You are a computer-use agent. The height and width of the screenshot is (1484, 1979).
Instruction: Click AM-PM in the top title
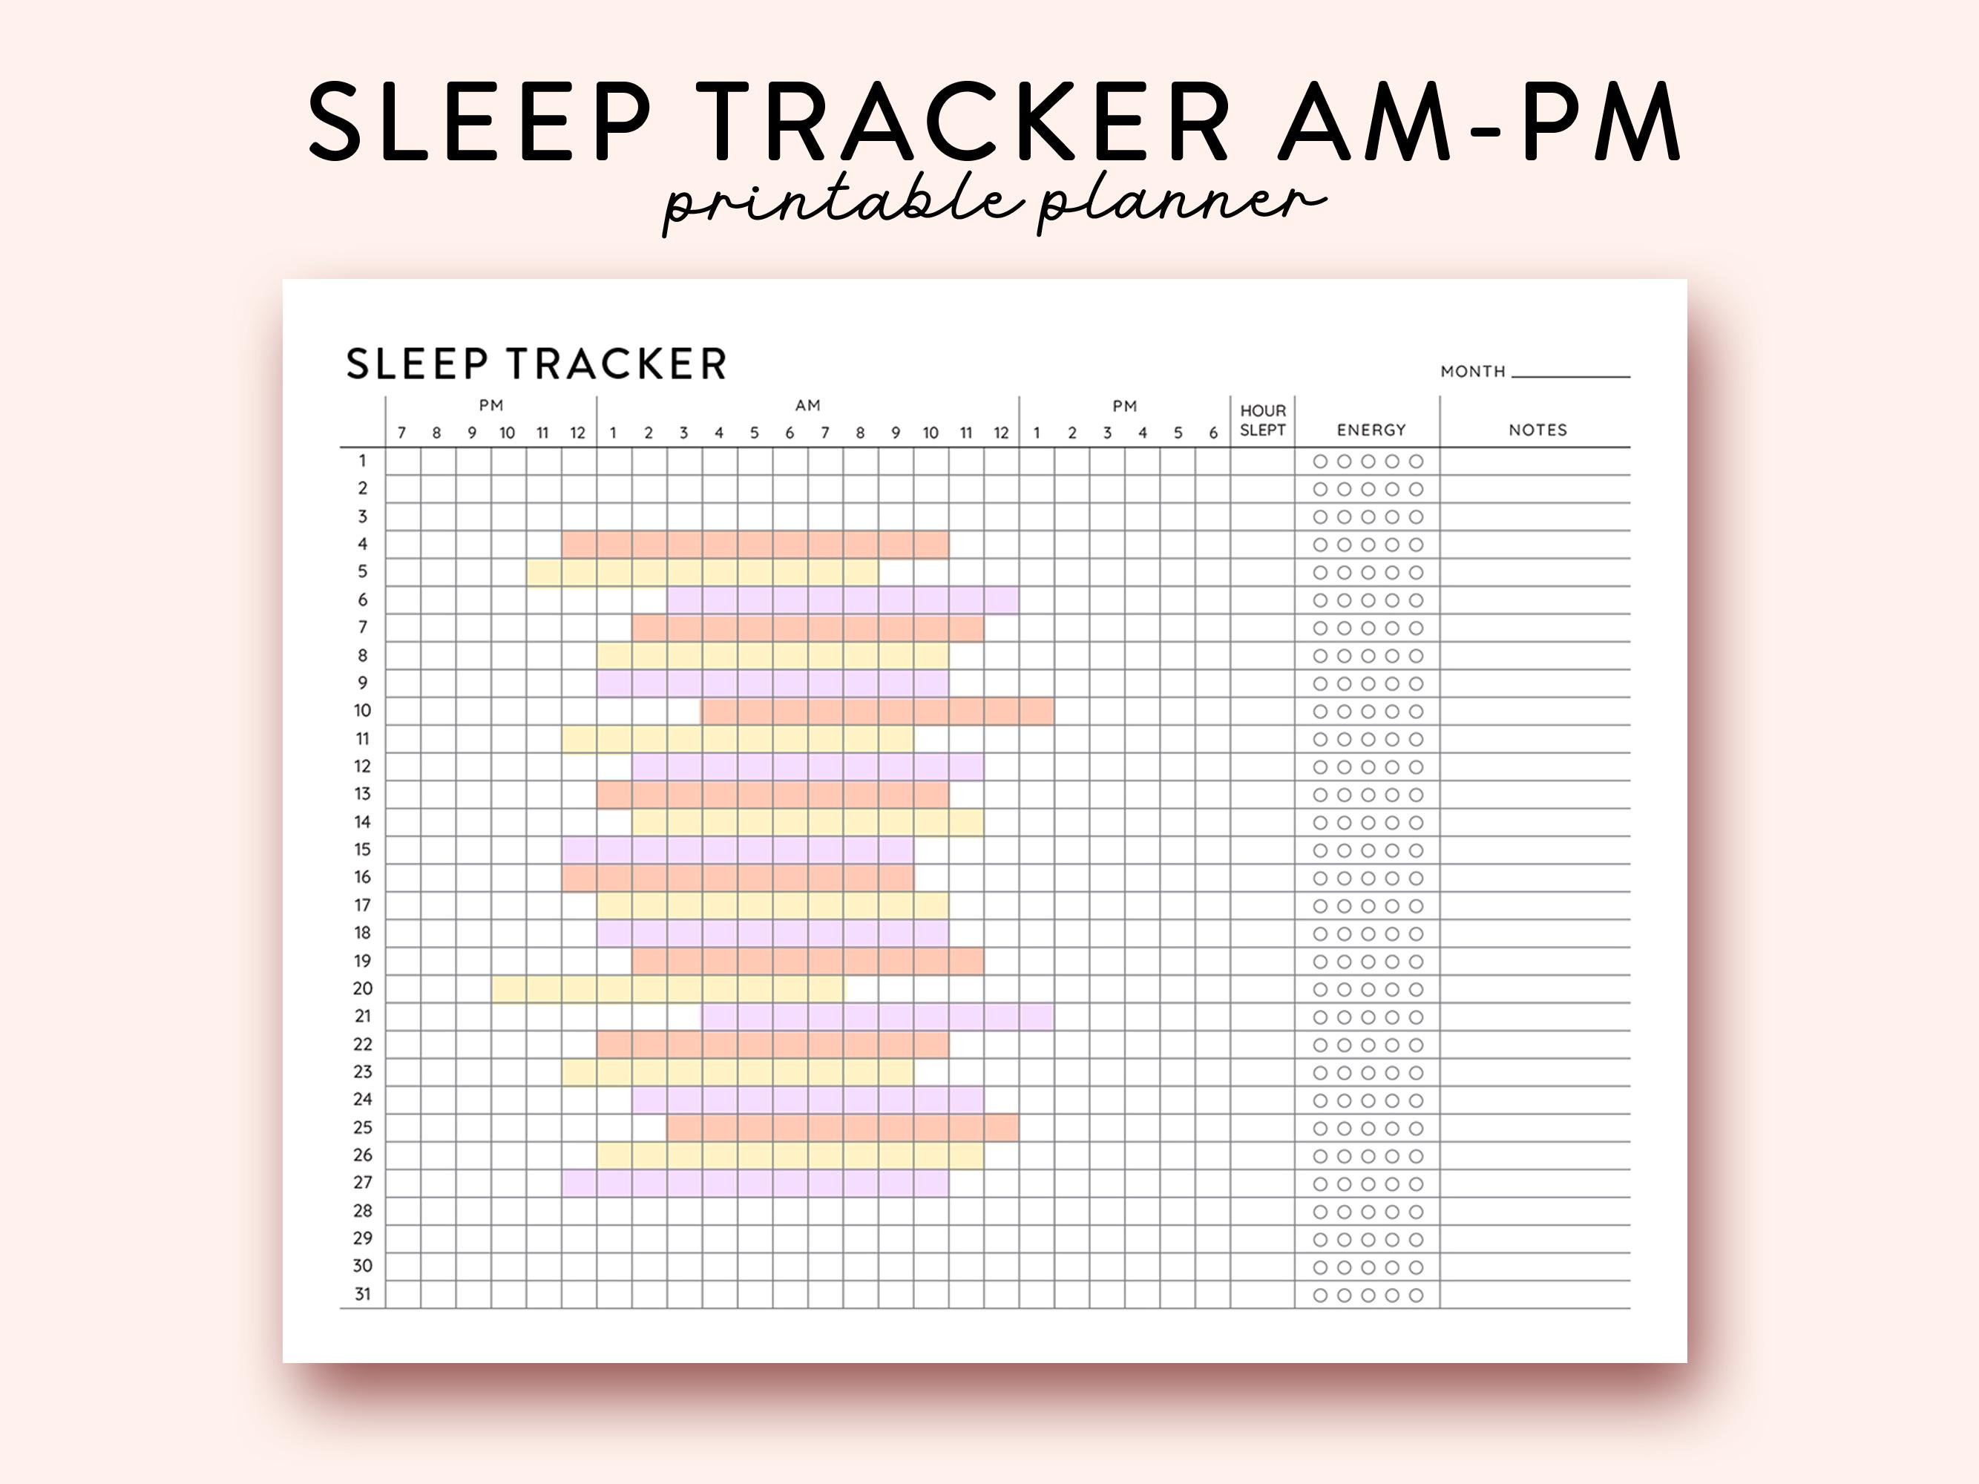[x=1479, y=122]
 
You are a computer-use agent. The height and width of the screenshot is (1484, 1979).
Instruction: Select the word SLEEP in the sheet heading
[x=417, y=364]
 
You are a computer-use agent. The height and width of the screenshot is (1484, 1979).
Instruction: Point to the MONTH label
[x=1473, y=371]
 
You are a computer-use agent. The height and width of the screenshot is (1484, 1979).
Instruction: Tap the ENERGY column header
[x=1371, y=430]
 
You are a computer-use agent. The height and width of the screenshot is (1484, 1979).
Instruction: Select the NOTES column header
[x=1538, y=430]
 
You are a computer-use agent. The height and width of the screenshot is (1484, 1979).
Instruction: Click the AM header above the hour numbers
[x=808, y=405]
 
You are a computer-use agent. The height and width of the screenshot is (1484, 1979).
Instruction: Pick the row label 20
[x=362, y=988]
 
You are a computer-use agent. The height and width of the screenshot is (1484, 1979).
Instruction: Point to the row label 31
[x=362, y=1294]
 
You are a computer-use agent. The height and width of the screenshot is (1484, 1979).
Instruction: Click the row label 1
[x=362, y=461]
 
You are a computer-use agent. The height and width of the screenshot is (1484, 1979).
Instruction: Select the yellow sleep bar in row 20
[x=669, y=988]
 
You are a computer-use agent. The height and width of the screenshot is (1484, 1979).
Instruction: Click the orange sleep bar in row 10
[x=879, y=711]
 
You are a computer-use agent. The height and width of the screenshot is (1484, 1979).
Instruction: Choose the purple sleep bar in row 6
[x=843, y=600]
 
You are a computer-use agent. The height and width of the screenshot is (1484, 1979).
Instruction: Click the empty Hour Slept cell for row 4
[x=1262, y=545]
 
